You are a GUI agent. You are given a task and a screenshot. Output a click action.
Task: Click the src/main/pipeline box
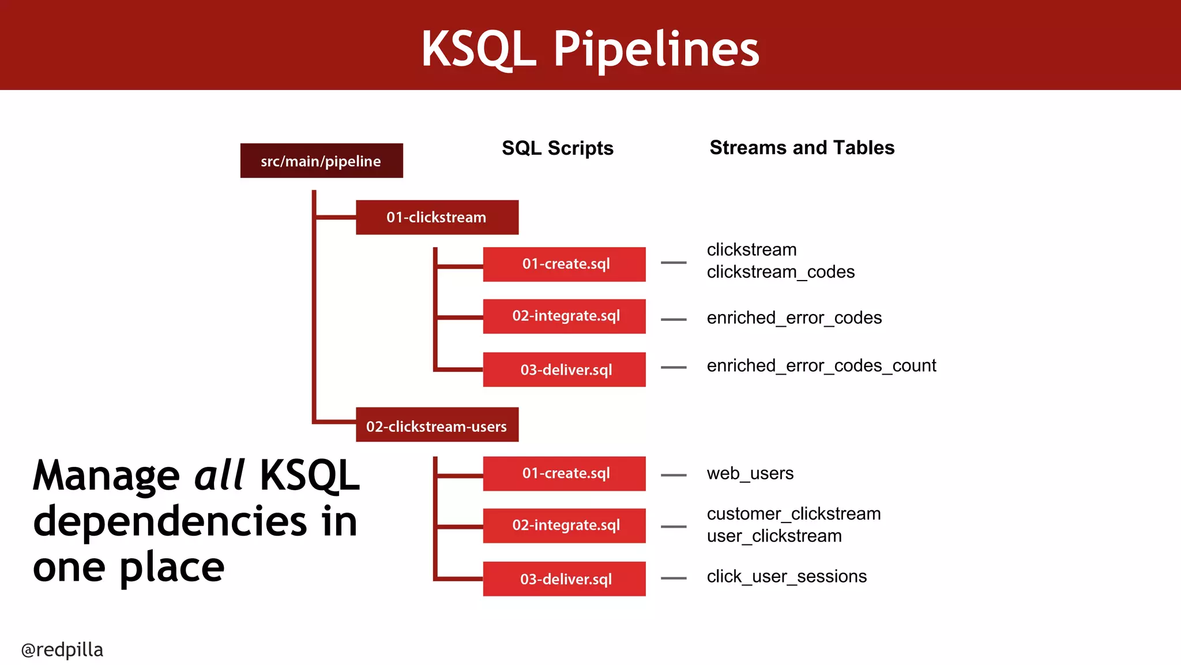coord(321,161)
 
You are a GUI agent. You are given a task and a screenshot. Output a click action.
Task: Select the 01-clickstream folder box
coord(437,218)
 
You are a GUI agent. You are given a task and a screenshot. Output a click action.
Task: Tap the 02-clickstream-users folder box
coord(437,425)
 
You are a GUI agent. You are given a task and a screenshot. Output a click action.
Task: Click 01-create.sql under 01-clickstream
coord(564,264)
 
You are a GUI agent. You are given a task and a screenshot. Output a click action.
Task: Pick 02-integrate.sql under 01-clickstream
coord(564,316)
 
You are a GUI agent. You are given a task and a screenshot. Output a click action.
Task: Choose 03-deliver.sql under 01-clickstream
coord(564,369)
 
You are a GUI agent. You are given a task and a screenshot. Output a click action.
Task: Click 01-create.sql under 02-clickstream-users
coord(564,474)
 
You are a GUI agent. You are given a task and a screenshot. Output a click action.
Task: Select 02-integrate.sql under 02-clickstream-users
coord(564,526)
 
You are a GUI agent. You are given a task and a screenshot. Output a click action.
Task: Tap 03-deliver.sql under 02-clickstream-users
coord(564,579)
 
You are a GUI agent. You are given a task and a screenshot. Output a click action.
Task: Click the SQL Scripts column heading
coord(557,148)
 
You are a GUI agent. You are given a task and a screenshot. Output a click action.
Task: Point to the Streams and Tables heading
coord(802,148)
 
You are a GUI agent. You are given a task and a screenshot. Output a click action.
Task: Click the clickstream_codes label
coord(780,272)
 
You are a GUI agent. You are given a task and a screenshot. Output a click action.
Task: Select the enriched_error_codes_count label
coord(821,366)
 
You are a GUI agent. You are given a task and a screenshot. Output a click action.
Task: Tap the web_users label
coord(750,474)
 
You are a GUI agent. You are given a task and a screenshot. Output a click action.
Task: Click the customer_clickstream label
coord(793,514)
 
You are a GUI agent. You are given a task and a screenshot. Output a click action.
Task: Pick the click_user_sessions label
coord(787,577)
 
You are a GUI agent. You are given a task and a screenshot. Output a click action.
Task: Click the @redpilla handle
coord(62,650)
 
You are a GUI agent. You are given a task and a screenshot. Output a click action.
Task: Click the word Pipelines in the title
coord(656,50)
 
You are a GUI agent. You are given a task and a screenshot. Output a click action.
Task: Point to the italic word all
coord(219,476)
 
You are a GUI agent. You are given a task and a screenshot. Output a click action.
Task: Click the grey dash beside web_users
coord(674,475)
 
